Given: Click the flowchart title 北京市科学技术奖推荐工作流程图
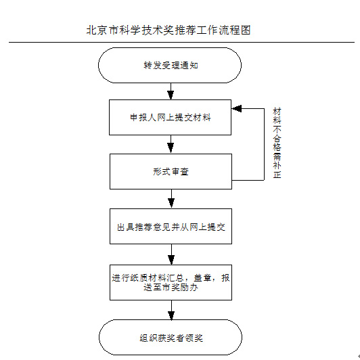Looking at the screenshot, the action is [x=168, y=30].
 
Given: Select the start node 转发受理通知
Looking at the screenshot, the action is [x=170, y=66].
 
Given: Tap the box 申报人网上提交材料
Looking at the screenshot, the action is [x=170, y=117].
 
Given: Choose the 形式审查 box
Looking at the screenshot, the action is [x=171, y=171].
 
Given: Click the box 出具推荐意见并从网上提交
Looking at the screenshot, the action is [x=171, y=227].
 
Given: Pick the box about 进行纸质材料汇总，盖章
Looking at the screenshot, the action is [x=171, y=282].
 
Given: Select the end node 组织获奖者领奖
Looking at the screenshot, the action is [x=171, y=338].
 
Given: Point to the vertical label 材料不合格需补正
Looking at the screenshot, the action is [x=277, y=143].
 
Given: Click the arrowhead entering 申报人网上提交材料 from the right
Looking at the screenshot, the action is [x=236, y=108].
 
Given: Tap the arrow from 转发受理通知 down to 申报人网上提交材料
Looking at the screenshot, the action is [x=171, y=91].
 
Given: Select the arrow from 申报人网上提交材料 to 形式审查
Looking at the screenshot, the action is [x=171, y=144].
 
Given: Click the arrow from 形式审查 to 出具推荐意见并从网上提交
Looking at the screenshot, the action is [x=171, y=199].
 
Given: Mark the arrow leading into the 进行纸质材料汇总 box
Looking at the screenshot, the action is [x=171, y=254].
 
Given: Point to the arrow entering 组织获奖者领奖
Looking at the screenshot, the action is [x=171, y=310].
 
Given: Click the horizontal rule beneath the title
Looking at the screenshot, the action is [x=181, y=42].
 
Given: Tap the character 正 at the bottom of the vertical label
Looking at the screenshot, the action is [x=277, y=175].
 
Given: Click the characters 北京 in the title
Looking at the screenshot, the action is [x=96, y=30].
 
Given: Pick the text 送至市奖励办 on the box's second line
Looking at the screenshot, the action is [x=171, y=288].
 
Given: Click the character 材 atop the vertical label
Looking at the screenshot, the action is [x=277, y=112].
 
